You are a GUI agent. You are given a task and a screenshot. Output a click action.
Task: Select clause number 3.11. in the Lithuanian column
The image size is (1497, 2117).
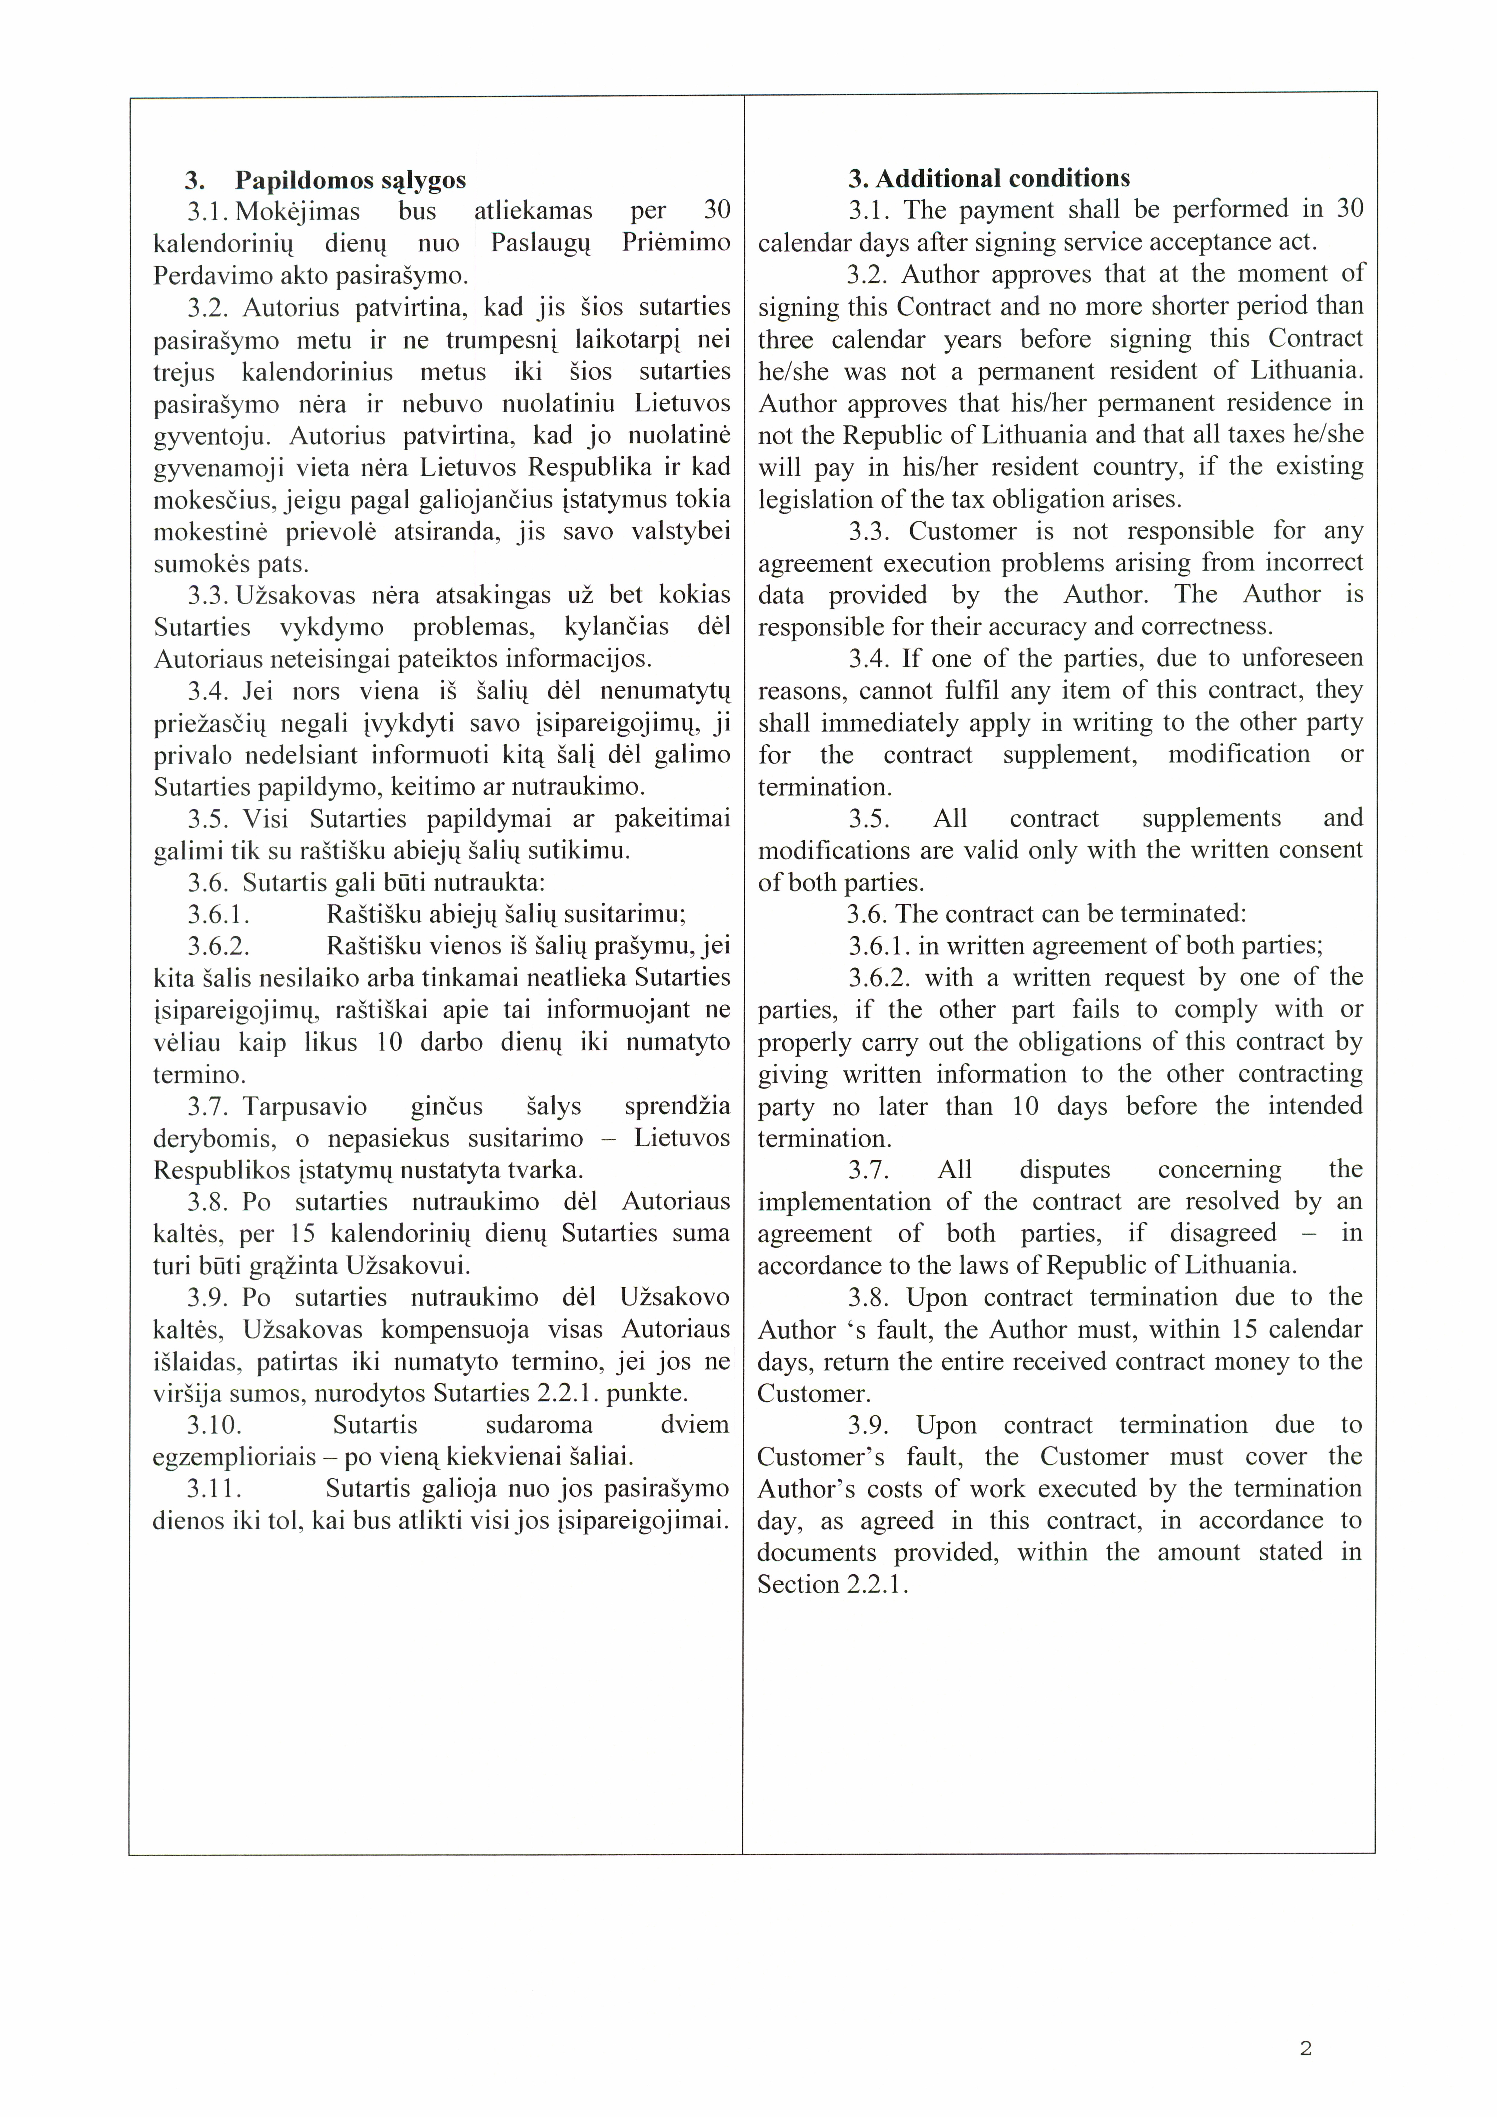[214, 1488]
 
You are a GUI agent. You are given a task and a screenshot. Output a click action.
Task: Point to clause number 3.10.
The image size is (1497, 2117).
[214, 1425]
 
